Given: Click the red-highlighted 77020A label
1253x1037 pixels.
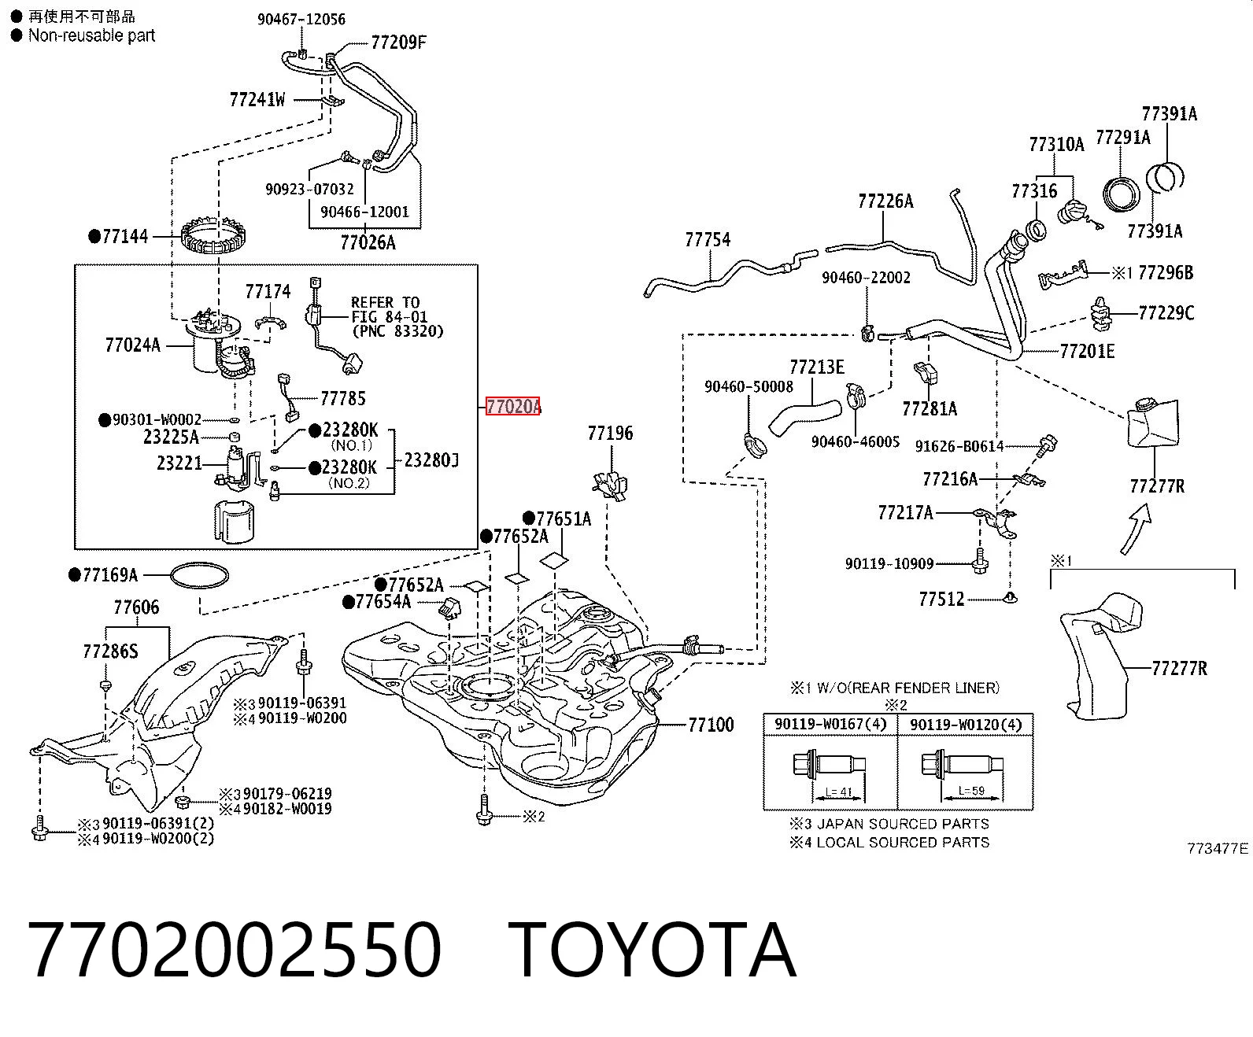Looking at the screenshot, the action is pyautogui.click(x=513, y=406).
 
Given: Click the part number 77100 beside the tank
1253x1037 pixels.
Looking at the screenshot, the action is pyautogui.click(x=711, y=725).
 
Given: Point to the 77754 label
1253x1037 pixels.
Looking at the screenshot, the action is pyautogui.click(x=708, y=240).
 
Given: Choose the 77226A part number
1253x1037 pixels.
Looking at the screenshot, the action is pyautogui.click(x=885, y=201).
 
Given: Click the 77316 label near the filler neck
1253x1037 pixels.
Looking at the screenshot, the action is pyautogui.click(x=1034, y=191).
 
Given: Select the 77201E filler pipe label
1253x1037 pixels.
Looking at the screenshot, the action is pyautogui.click(x=1087, y=351).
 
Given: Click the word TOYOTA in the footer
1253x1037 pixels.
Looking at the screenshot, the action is pyautogui.click(x=652, y=950).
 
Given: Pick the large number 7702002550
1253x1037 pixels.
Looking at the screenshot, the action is pyautogui.click(x=235, y=950).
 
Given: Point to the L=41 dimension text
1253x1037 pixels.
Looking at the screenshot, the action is pyautogui.click(x=838, y=792).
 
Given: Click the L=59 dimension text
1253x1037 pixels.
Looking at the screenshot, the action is pyautogui.click(x=971, y=791).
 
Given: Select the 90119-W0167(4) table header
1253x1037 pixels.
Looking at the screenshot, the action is pyautogui.click(x=830, y=725).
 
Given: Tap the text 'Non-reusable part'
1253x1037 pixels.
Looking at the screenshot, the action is pyautogui.click(x=91, y=35).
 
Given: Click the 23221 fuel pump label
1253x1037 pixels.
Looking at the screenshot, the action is pyautogui.click(x=179, y=463).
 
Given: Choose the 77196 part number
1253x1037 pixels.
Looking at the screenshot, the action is pyautogui.click(x=610, y=433).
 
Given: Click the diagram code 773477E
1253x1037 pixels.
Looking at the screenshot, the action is pyautogui.click(x=1218, y=849).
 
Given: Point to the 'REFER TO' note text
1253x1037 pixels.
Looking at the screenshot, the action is pyautogui.click(x=385, y=302).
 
